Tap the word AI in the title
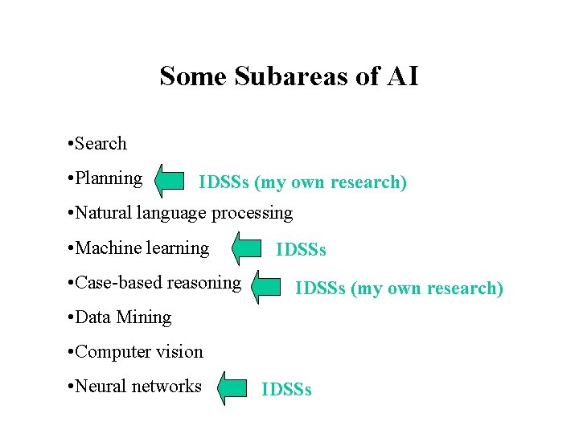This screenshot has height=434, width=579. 401,76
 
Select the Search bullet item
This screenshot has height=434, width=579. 101,144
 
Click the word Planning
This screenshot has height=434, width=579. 109,178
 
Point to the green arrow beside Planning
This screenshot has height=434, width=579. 170,181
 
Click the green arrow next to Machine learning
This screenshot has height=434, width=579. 247,248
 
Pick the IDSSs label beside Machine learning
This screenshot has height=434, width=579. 301,250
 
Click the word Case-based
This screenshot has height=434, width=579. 119,282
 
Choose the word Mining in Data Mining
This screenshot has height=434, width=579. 146,317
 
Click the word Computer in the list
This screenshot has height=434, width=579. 113,352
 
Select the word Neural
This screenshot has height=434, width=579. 101,387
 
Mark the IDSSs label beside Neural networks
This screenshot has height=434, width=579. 287,391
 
